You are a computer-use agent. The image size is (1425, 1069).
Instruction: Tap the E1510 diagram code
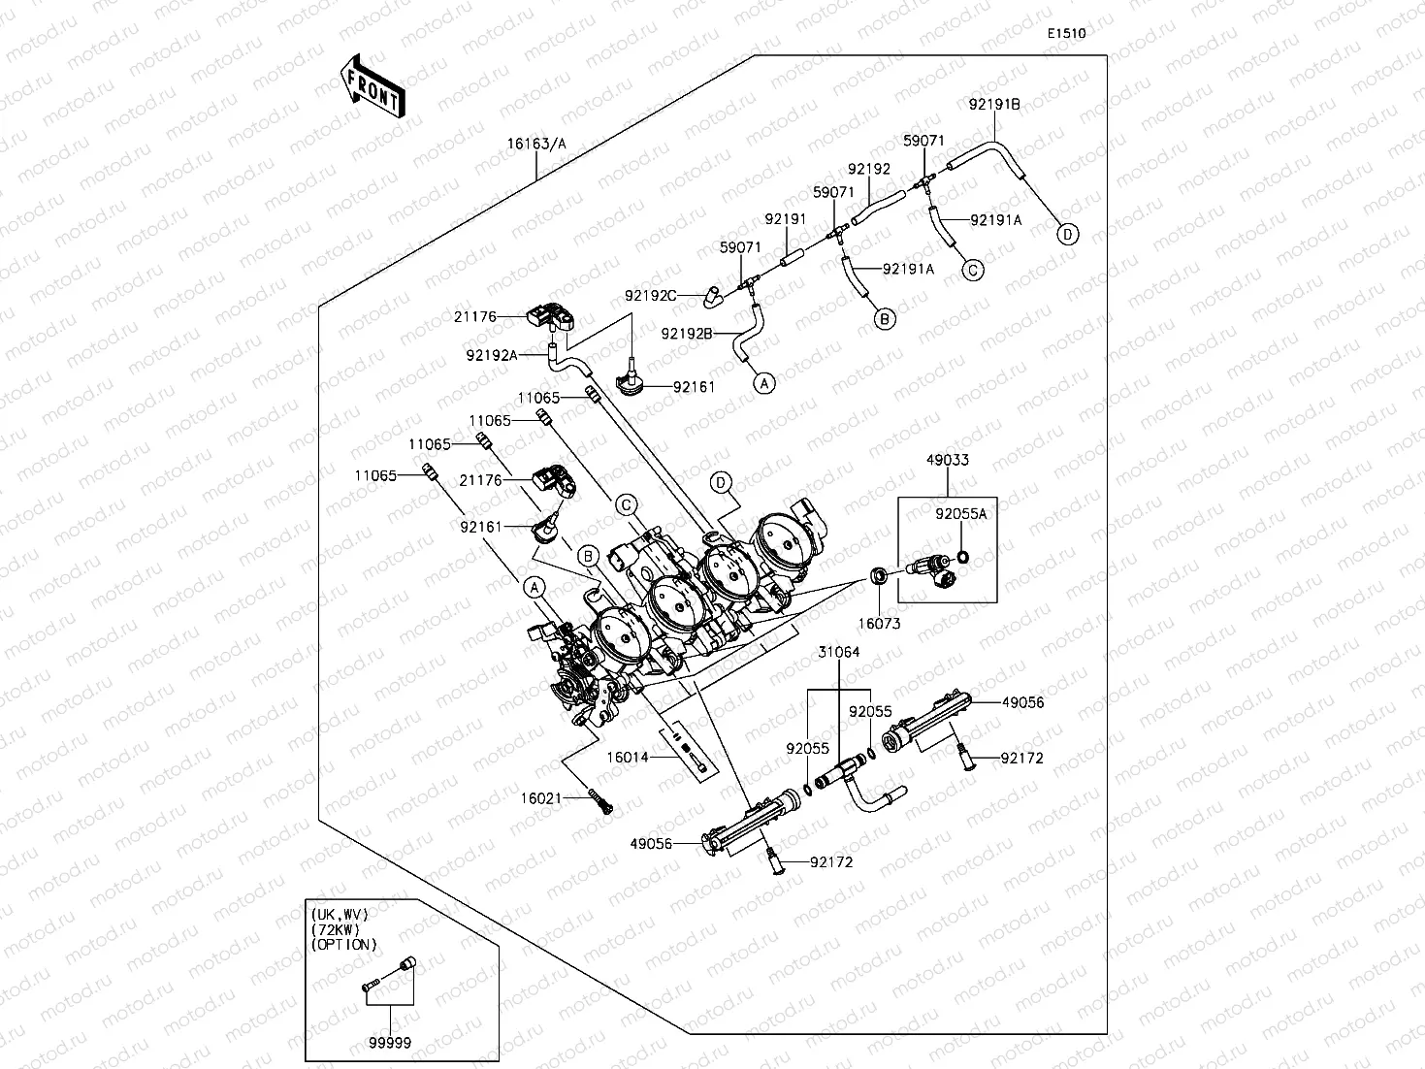[1065, 33]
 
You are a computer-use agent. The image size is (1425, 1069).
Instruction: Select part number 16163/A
[536, 144]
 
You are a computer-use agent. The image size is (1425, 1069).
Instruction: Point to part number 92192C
[650, 294]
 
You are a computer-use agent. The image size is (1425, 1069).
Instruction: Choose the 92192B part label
[687, 334]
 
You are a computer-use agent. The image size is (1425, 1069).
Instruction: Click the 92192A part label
[492, 355]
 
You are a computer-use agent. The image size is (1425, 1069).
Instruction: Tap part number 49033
[947, 460]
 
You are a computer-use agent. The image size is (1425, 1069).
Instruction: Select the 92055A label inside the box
[960, 514]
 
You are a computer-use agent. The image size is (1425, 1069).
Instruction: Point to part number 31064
[838, 652]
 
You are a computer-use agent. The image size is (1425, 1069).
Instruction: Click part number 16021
[541, 798]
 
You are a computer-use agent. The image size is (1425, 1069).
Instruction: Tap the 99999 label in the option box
[390, 1042]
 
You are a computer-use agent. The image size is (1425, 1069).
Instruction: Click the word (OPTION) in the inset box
[343, 944]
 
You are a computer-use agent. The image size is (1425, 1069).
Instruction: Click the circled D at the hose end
[1067, 234]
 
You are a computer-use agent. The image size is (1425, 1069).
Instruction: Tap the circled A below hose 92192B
[764, 383]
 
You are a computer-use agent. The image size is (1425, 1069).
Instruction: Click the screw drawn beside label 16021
[602, 803]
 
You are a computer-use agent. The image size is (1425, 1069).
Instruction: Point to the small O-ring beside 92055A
[962, 557]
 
